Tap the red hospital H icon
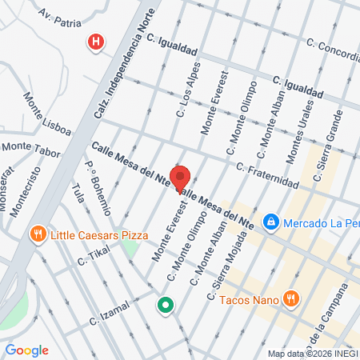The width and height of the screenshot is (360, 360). click(x=96, y=42)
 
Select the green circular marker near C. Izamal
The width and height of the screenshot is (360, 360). click(x=166, y=305)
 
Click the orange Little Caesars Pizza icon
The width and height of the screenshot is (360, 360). click(x=37, y=234)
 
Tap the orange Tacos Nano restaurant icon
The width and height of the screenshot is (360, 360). click(x=291, y=298)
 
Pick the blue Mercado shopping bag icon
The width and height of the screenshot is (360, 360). click(x=271, y=221)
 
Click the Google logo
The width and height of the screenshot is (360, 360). click(x=27, y=350)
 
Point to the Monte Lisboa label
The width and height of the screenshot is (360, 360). click(x=46, y=114)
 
